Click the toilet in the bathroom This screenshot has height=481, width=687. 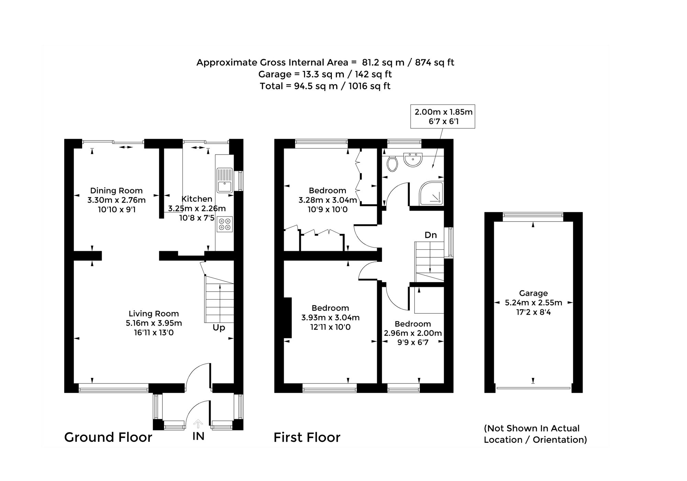point(392,164)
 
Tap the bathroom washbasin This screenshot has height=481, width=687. point(413,160)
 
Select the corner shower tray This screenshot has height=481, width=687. point(431,193)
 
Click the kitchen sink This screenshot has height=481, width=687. point(225,180)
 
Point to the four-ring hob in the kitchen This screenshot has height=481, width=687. point(225,224)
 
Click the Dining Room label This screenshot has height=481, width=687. point(116,191)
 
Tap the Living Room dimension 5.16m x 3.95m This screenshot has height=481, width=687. point(154,323)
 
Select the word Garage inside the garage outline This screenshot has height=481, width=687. point(533,293)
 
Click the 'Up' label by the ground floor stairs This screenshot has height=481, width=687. point(219,328)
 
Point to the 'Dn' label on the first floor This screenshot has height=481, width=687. point(431,235)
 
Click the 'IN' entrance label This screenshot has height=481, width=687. point(198,436)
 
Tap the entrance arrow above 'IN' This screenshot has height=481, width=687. point(198,423)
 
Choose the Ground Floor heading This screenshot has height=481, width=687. point(108,437)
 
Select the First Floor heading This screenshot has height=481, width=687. point(307,437)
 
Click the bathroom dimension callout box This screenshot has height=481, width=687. point(443,116)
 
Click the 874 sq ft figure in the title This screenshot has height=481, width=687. point(435,63)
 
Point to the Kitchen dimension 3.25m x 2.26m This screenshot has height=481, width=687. point(197,208)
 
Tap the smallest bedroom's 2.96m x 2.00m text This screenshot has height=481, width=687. point(413,333)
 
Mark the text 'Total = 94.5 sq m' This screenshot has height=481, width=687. point(299,86)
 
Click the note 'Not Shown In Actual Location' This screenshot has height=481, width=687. point(532,434)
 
